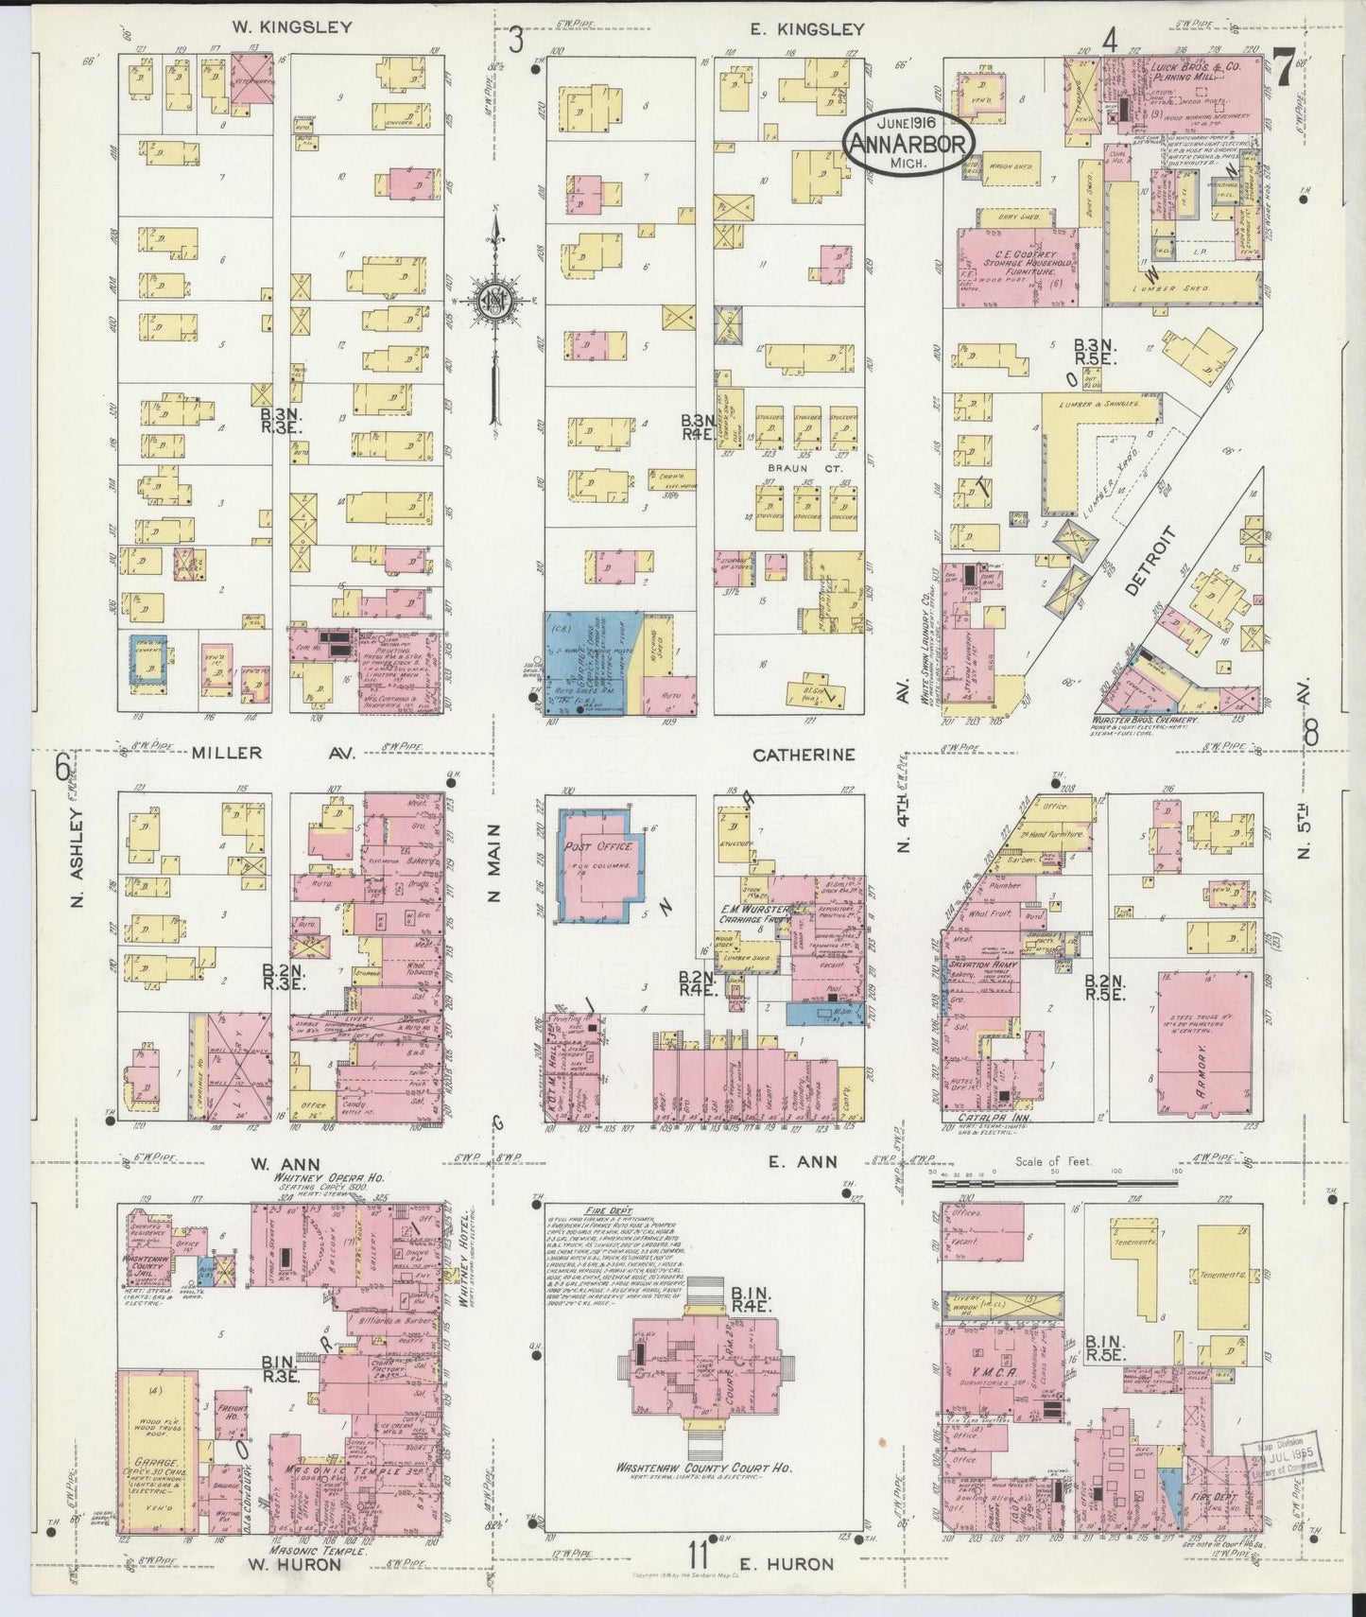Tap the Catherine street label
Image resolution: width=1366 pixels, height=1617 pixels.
click(804, 755)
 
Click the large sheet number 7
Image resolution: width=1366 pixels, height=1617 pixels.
click(1284, 69)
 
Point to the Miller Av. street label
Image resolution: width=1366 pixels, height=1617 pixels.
click(258, 754)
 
